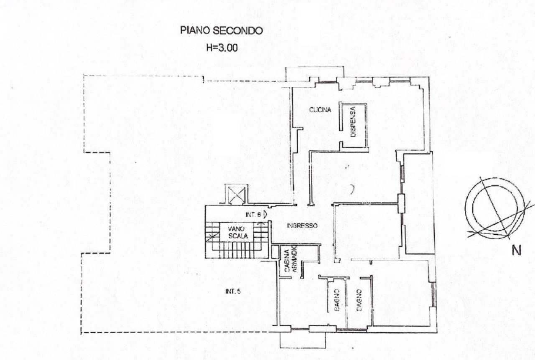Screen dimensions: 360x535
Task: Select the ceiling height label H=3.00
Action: tap(222, 48)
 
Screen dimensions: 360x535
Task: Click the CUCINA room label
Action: tap(320, 110)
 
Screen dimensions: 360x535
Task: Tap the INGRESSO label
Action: tap(302, 226)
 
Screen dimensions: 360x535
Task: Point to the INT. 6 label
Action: tap(253, 215)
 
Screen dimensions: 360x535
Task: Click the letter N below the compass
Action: tap(517, 251)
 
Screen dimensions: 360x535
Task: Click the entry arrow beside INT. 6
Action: tap(265, 215)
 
